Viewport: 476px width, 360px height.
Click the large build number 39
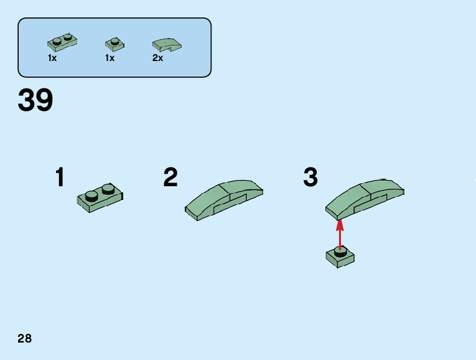tap(35, 100)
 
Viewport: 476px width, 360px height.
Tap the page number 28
tap(24, 339)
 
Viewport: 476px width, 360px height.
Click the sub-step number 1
tap(60, 178)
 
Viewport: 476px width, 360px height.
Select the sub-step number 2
tap(170, 178)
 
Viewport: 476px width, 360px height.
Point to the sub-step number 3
tap(310, 178)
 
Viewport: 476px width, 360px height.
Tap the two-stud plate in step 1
tap(100, 199)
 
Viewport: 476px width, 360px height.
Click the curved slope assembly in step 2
tap(224, 199)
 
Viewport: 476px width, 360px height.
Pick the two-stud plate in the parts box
tap(62, 44)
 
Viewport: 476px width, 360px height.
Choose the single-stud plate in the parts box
tap(114, 44)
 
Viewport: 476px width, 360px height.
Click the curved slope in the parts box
tap(166, 45)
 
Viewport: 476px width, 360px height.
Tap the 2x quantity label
tap(157, 58)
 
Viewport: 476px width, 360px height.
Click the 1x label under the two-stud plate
tap(52, 58)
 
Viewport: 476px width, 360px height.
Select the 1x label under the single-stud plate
tap(110, 58)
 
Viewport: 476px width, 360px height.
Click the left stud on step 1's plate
tap(91, 196)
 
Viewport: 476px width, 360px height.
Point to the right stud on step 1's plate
tap(108, 189)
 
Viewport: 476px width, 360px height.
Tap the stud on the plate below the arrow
tap(340, 251)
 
